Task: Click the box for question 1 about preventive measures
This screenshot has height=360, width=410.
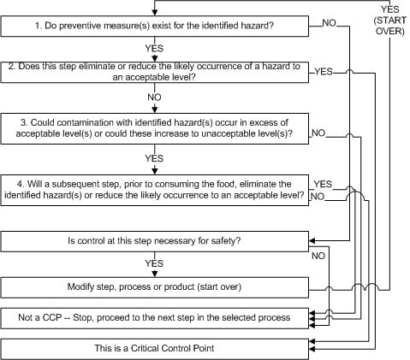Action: click(x=155, y=26)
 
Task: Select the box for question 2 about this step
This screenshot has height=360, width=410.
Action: click(x=155, y=72)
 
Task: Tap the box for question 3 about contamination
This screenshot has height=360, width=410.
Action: click(x=155, y=128)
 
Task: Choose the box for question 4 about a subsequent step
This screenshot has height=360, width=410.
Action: click(x=155, y=190)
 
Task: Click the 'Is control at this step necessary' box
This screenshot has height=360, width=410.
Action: click(x=155, y=241)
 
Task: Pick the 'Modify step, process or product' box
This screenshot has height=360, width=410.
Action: click(x=155, y=287)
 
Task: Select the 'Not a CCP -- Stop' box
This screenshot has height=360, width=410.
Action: click(x=155, y=318)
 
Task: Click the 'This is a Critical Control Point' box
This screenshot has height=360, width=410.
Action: click(x=155, y=349)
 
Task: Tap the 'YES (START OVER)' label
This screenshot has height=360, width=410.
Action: click(x=390, y=21)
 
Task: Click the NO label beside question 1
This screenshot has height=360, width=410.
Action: click(x=330, y=23)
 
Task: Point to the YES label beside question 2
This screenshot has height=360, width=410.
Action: click(x=324, y=72)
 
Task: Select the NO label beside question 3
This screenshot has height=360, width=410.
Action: click(x=318, y=133)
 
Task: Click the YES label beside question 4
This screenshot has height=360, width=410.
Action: click(x=323, y=184)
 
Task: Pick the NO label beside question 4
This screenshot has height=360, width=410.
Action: click(x=318, y=197)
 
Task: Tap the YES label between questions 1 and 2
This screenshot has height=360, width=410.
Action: click(x=154, y=49)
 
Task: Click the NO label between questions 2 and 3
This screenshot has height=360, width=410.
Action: click(x=154, y=97)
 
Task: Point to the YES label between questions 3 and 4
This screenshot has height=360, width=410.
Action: click(x=154, y=158)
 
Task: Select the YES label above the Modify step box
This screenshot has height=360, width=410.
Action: click(x=154, y=263)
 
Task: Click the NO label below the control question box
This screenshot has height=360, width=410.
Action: click(x=318, y=256)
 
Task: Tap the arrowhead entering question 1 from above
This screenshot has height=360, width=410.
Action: click(x=155, y=13)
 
